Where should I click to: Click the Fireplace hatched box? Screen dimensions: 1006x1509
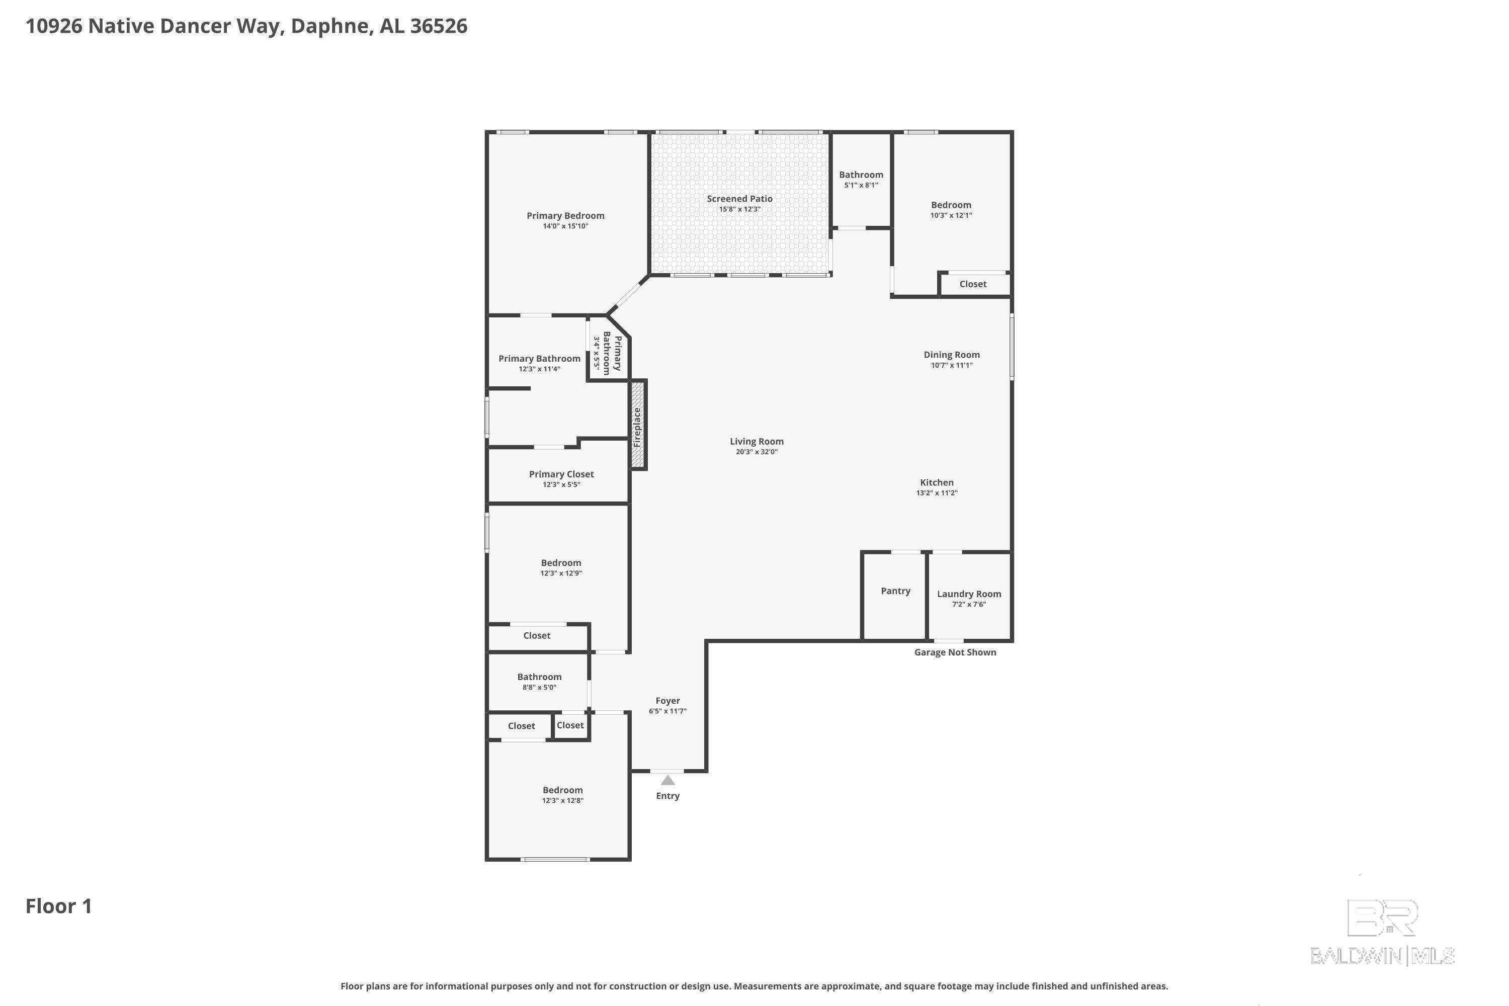[x=637, y=425]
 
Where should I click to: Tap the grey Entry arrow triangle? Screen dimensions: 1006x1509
[x=667, y=781]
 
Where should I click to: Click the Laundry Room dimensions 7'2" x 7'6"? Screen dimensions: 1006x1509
[x=969, y=605]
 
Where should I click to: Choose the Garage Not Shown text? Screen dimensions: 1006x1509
[x=955, y=652]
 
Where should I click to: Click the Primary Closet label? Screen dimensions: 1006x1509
[x=561, y=474]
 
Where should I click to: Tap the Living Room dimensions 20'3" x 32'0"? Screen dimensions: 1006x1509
[x=757, y=452]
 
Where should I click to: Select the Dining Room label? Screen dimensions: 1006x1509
[x=952, y=355]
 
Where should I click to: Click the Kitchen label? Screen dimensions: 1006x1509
[x=937, y=482]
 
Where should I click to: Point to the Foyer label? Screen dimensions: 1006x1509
[x=667, y=701]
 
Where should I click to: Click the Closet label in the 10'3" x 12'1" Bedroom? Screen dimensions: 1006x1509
[x=973, y=284]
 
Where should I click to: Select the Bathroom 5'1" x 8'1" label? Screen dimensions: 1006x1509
[x=861, y=175]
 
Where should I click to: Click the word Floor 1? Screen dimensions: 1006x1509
[x=58, y=906]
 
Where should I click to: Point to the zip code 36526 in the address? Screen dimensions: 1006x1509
[x=438, y=26]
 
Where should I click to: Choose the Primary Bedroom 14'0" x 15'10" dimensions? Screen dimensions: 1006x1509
[x=565, y=226]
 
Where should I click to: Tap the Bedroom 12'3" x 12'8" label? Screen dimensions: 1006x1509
[x=563, y=790]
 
